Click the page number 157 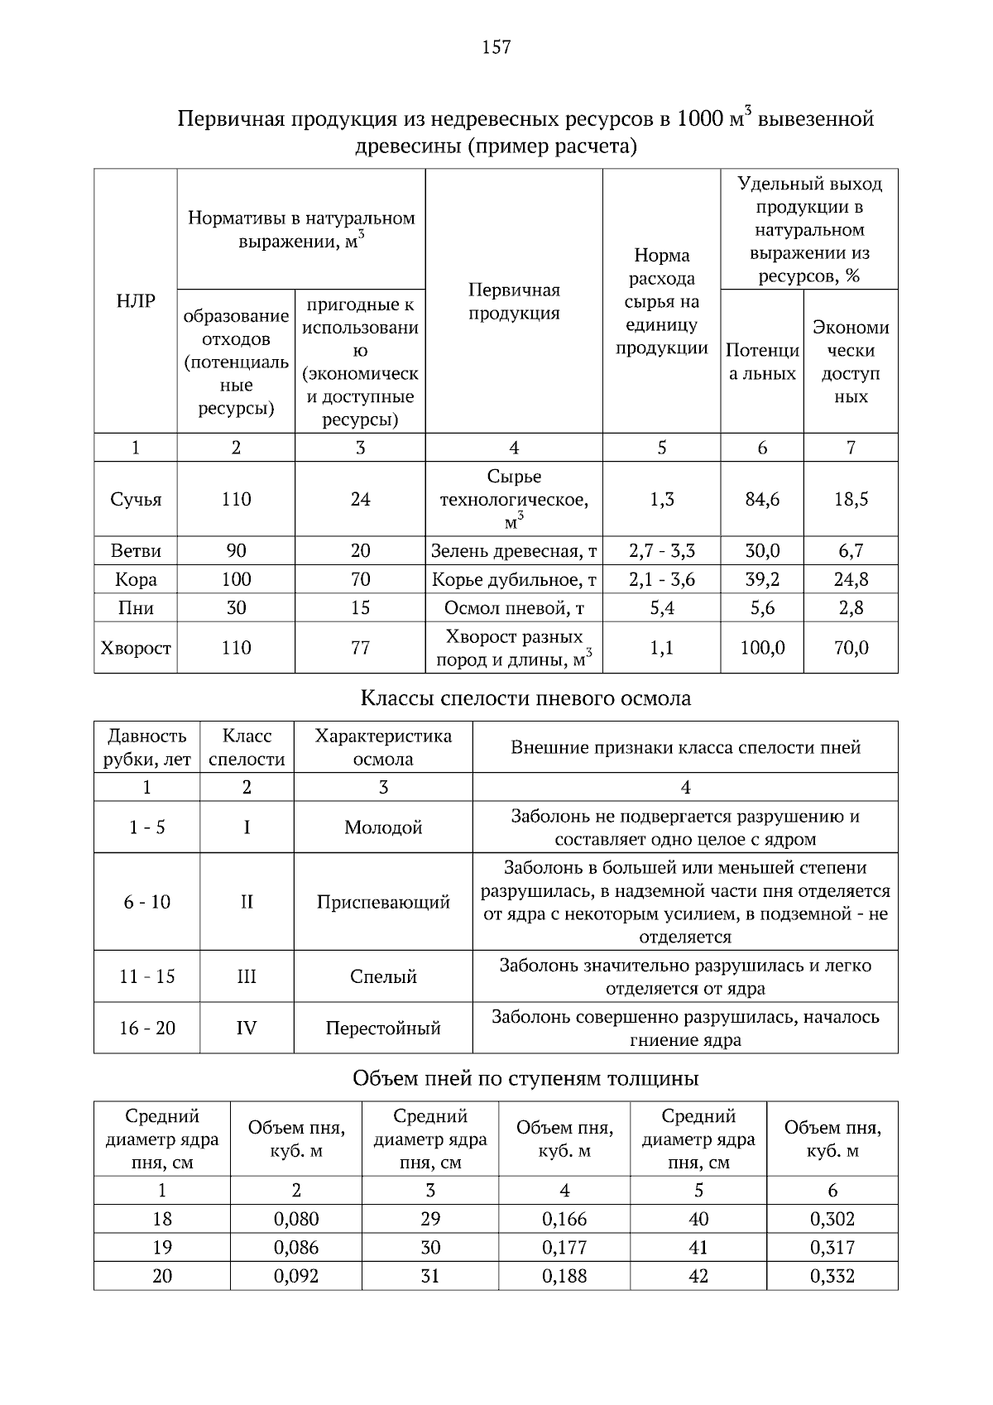coord(496,47)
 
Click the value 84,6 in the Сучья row coord(761,500)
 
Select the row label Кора coord(136,579)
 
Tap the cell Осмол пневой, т coord(514,608)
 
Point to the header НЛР coord(136,301)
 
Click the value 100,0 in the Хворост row coord(761,648)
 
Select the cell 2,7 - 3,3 coord(661,551)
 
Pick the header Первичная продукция coord(514,301)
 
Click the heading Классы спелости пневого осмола coord(525,698)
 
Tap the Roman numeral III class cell coord(247,976)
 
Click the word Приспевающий coord(383,902)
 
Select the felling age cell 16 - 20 coord(147,1029)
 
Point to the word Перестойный coord(383,1029)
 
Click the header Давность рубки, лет coord(147,747)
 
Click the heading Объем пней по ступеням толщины coord(525,1079)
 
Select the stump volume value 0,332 coord(832,1276)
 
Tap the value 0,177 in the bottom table coord(564,1248)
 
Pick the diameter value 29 coord(430,1219)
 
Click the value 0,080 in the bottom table coord(296,1219)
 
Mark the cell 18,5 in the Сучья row coord(851,500)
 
